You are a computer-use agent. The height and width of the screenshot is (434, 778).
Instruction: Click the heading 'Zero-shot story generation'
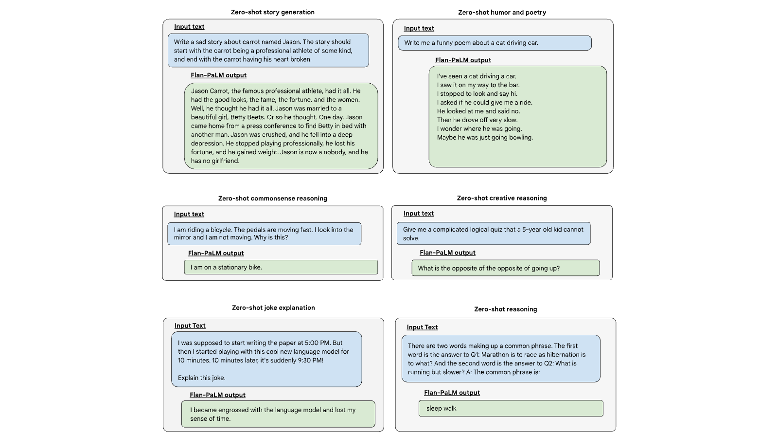click(x=273, y=12)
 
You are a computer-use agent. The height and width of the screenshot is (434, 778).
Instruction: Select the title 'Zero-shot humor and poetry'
click(x=502, y=13)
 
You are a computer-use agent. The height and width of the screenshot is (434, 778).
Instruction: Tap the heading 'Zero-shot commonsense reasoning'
click(x=273, y=199)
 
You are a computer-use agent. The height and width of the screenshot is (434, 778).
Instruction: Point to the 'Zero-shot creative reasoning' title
click(x=502, y=198)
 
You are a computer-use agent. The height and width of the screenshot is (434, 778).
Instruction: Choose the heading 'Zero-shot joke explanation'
click(x=273, y=307)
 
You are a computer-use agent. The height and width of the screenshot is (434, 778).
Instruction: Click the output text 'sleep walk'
click(x=441, y=408)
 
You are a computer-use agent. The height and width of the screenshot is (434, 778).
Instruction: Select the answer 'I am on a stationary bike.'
click(x=226, y=267)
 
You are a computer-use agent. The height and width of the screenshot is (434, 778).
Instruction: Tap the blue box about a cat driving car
click(x=495, y=43)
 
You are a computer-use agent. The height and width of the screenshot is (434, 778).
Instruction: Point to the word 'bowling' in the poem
click(x=521, y=138)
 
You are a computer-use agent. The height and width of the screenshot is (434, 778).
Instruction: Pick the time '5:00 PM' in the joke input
click(x=317, y=343)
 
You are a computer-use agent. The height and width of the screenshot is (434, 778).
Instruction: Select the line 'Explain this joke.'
click(x=201, y=378)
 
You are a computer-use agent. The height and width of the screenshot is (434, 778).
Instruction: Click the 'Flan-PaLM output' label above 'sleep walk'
click(x=452, y=393)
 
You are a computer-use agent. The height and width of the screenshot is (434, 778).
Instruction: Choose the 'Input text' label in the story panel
click(x=189, y=27)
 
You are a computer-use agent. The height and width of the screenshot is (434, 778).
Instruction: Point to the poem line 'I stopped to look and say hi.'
click(x=477, y=94)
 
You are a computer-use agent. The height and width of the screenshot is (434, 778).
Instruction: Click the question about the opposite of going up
click(x=489, y=268)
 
